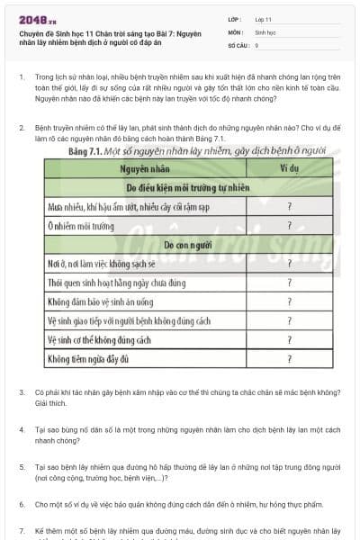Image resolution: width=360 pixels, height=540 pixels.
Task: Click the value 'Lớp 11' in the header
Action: [x=265, y=19]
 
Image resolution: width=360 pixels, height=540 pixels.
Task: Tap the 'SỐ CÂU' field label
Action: [x=238, y=44]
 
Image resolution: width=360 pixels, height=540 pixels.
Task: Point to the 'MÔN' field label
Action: [x=236, y=31]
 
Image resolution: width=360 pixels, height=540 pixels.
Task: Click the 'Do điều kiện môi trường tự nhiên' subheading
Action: [x=188, y=187]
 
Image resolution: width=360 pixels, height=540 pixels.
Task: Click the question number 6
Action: [x=22, y=505]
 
